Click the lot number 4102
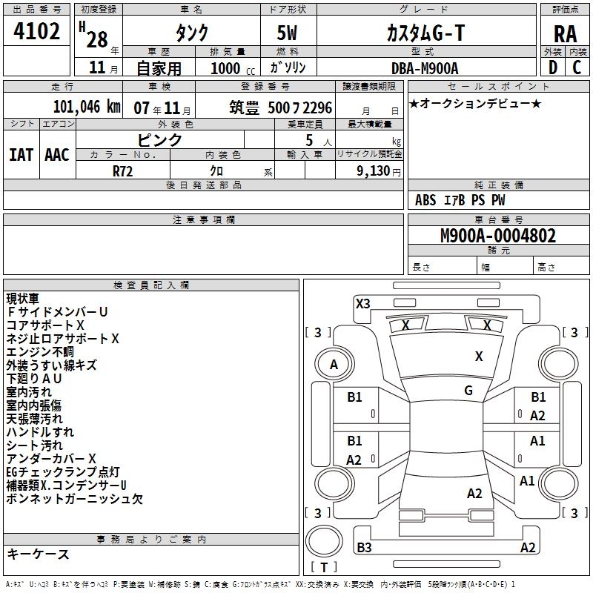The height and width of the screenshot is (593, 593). [x=37, y=33]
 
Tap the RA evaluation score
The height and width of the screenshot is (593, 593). [x=565, y=34]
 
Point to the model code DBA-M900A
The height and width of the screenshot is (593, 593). [x=425, y=68]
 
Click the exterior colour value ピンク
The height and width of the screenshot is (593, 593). [x=160, y=139]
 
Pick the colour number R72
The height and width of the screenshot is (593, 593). [x=124, y=170]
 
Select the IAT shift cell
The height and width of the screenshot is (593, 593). [x=21, y=155]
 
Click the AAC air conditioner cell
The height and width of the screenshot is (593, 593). [x=56, y=155]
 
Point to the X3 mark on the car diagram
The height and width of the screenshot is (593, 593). [x=363, y=303]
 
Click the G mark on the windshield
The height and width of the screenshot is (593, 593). [x=468, y=391]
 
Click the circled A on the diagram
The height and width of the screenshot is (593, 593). [x=334, y=365]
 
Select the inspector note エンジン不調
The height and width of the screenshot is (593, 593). [x=40, y=352]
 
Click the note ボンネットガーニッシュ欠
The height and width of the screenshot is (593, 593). [x=74, y=499]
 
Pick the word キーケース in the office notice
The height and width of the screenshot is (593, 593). [x=38, y=554]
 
